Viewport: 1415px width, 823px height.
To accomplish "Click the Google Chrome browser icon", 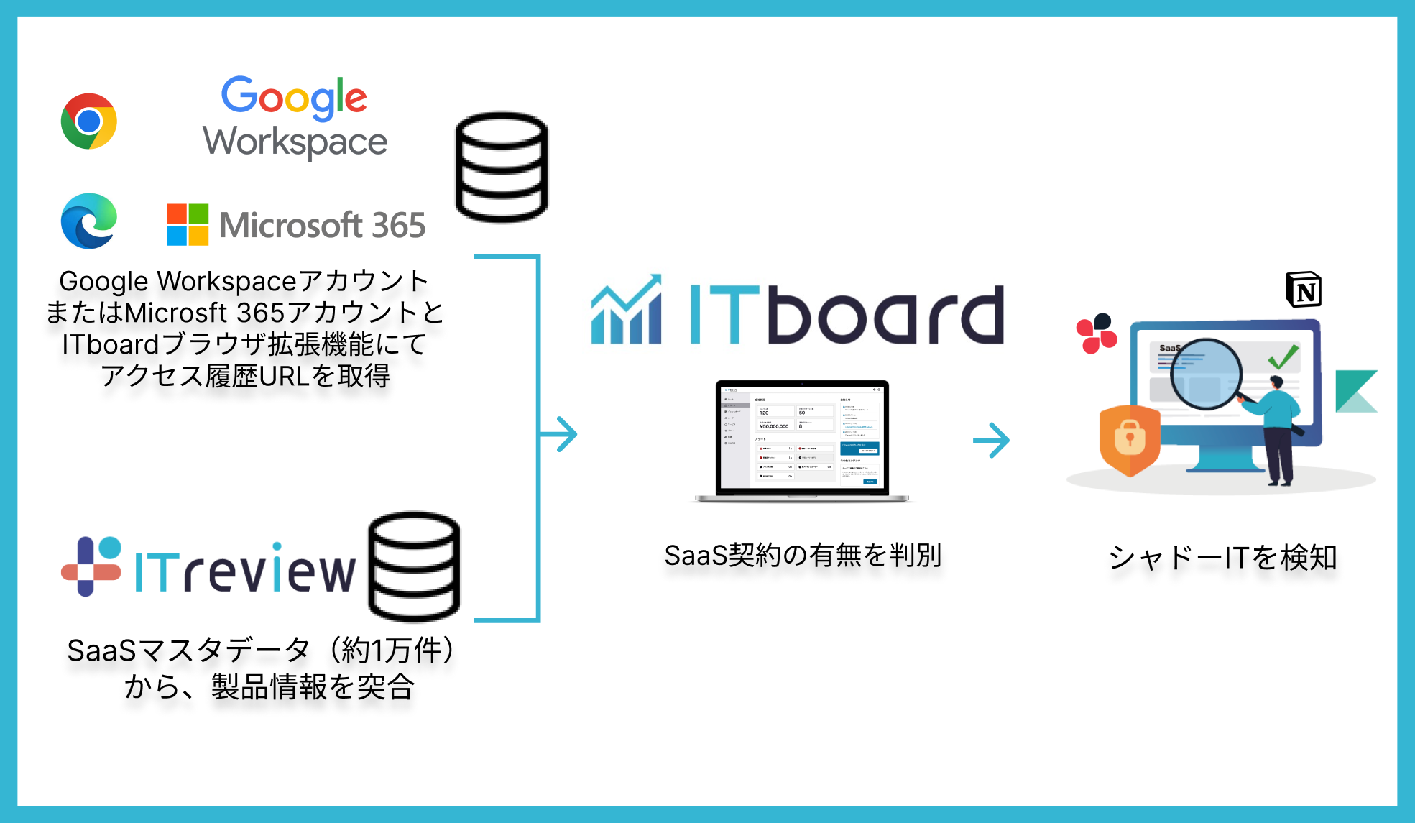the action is click(x=89, y=121).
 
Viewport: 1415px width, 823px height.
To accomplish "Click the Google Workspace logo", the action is click(x=295, y=117).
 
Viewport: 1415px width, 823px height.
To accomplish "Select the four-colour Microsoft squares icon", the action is click(x=188, y=224).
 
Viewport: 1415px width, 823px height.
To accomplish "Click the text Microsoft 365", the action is click(x=323, y=225).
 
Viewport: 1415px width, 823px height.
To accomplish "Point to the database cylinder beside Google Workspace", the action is click(x=502, y=167).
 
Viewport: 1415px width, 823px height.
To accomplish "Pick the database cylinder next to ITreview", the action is click(x=414, y=566).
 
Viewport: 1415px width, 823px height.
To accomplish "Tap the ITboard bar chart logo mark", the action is click(x=626, y=311).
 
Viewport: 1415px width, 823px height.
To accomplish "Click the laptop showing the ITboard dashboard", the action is click(x=802, y=440).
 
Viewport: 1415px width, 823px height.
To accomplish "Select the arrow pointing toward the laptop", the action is click(x=561, y=434).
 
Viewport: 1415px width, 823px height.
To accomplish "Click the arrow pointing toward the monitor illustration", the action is click(x=992, y=440).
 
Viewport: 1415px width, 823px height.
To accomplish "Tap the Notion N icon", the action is click(x=1304, y=290).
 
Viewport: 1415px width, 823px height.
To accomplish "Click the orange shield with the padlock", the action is click(x=1130, y=440).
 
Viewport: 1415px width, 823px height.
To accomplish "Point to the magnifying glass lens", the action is click(x=1206, y=374).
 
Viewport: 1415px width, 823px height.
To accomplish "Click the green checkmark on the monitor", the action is click(x=1282, y=356).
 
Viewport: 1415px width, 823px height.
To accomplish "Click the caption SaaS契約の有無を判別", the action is click(x=803, y=555).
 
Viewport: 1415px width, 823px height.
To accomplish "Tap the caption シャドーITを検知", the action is click(x=1222, y=558).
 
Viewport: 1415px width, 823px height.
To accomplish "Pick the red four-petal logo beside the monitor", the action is click(x=1096, y=334).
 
